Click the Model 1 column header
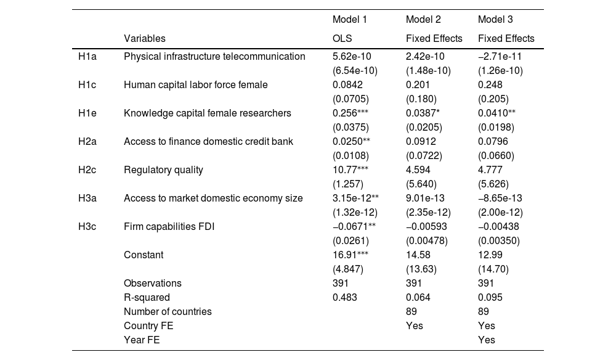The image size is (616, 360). tap(349, 20)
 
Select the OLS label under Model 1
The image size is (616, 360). tap(342, 38)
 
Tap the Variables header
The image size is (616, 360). tap(144, 38)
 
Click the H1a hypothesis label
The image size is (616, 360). tap(87, 57)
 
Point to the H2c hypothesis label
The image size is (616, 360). tap(87, 170)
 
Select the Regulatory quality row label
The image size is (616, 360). tap(163, 170)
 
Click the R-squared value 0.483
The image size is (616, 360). tap(344, 298)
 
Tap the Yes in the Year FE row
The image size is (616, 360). tap(486, 340)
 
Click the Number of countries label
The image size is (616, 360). tap(167, 312)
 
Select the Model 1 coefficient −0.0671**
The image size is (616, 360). tap(354, 227)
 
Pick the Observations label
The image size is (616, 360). tap(152, 284)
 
